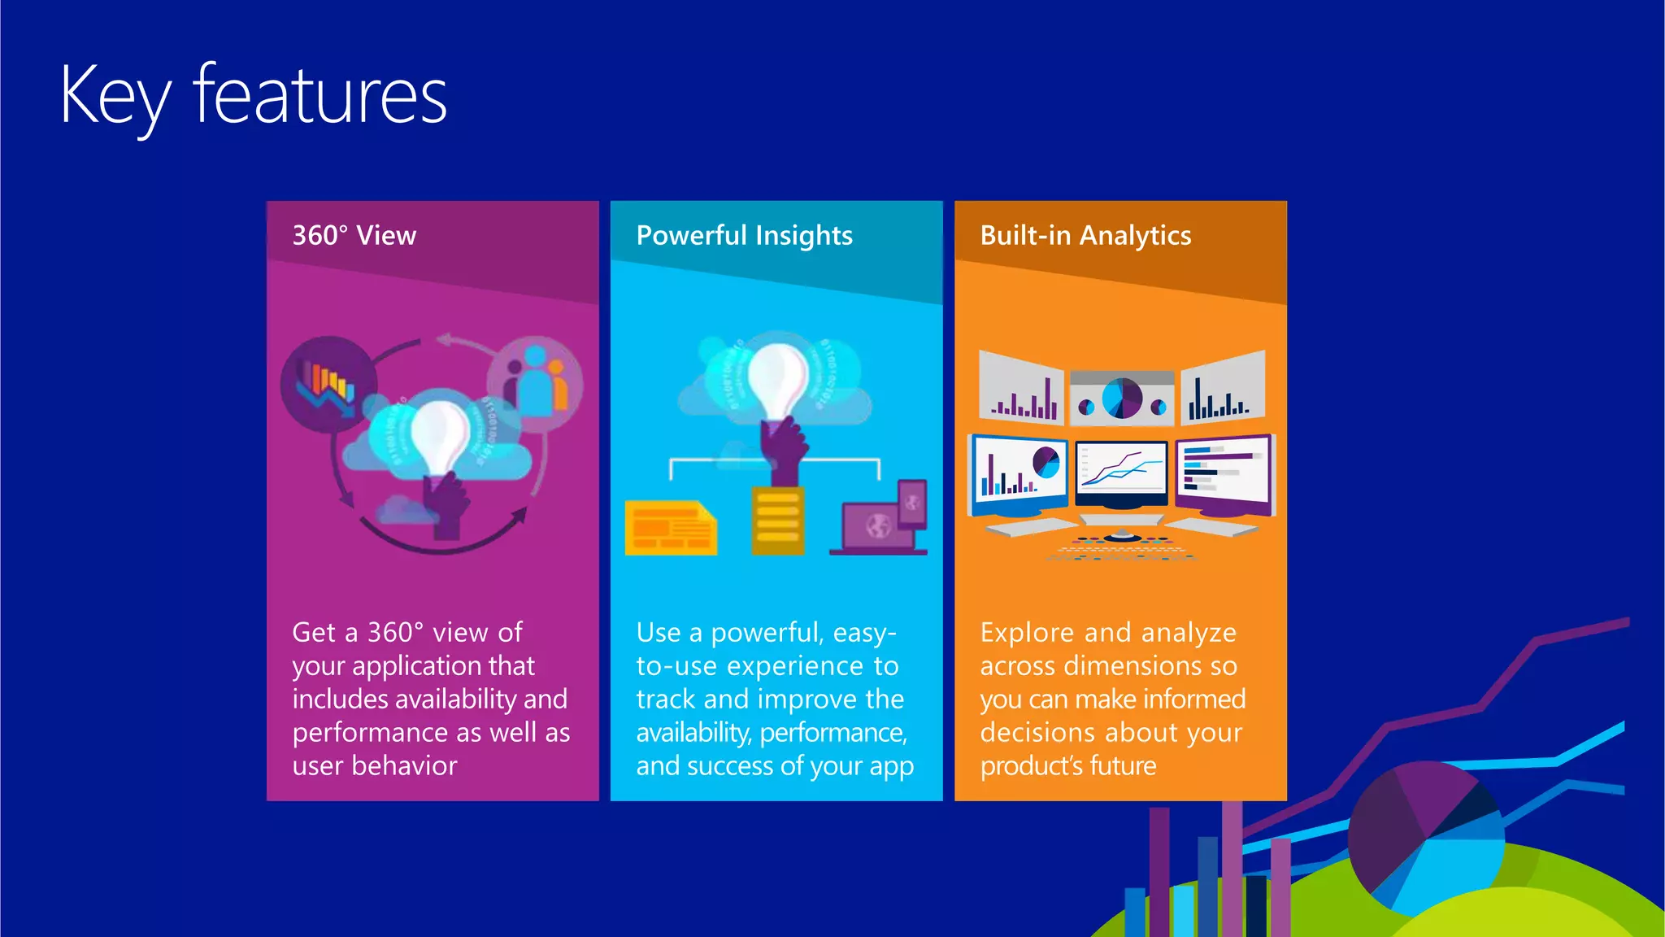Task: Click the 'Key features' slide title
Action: click(253, 96)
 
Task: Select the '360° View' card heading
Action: click(354, 236)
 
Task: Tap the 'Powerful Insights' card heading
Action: click(744, 236)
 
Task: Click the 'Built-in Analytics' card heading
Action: click(1085, 236)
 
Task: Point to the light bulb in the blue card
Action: click(776, 378)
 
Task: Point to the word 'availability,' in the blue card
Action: click(693, 733)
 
